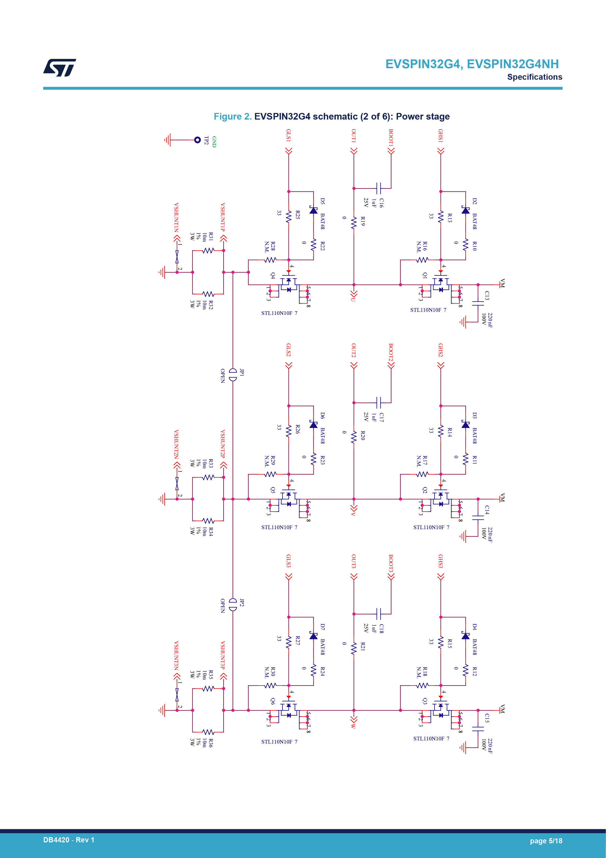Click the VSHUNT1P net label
pyautogui.click(x=223, y=217)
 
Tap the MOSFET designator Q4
pyautogui.click(x=273, y=275)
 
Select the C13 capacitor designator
pyautogui.click(x=487, y=296)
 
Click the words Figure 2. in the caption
pyautogui.click(x=233, y=117)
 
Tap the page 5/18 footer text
pyautogui.click(x=546, y=841)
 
